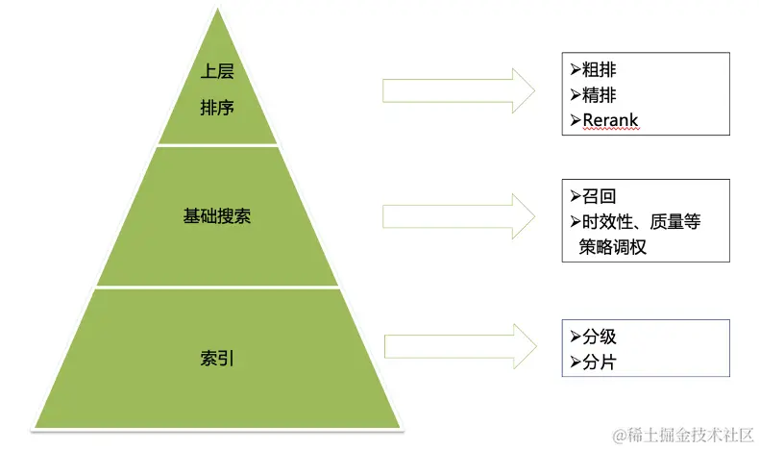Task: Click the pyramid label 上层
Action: [217, 72]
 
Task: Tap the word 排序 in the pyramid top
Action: [217, 108]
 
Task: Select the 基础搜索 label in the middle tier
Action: [217, 216]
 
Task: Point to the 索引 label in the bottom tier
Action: [217, 360]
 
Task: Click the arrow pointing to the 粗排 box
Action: [458, 90]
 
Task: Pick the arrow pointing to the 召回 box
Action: [458, 217]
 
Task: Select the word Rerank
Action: [611, 121]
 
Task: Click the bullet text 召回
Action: [599, 196]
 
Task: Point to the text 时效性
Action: [608, 222]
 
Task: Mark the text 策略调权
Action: [612, 247]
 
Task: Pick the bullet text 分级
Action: [599, 337]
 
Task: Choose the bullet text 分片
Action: [599, 362]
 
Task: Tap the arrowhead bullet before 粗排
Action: [575, 69]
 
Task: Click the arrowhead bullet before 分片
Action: [575, 362]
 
